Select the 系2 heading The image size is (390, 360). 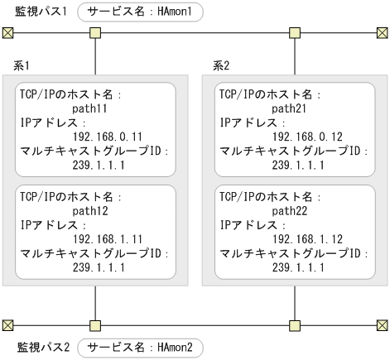(220, 65)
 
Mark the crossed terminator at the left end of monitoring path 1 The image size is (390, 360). (8, 33)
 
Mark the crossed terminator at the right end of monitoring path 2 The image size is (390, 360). (382, 324)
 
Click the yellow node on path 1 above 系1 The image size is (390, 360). (96, 33)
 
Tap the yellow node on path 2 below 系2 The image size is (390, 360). (295, 324)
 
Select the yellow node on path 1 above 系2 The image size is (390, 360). (295, 33)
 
